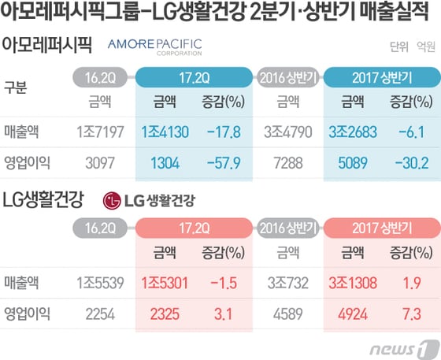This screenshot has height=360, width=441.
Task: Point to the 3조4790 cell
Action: [x=288, y=132]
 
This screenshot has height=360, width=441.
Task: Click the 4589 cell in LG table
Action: [x=288, y=313]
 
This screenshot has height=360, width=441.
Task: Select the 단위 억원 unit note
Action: [x=410, y=46]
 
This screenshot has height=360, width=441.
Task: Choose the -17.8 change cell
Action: [x=225, y=132]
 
